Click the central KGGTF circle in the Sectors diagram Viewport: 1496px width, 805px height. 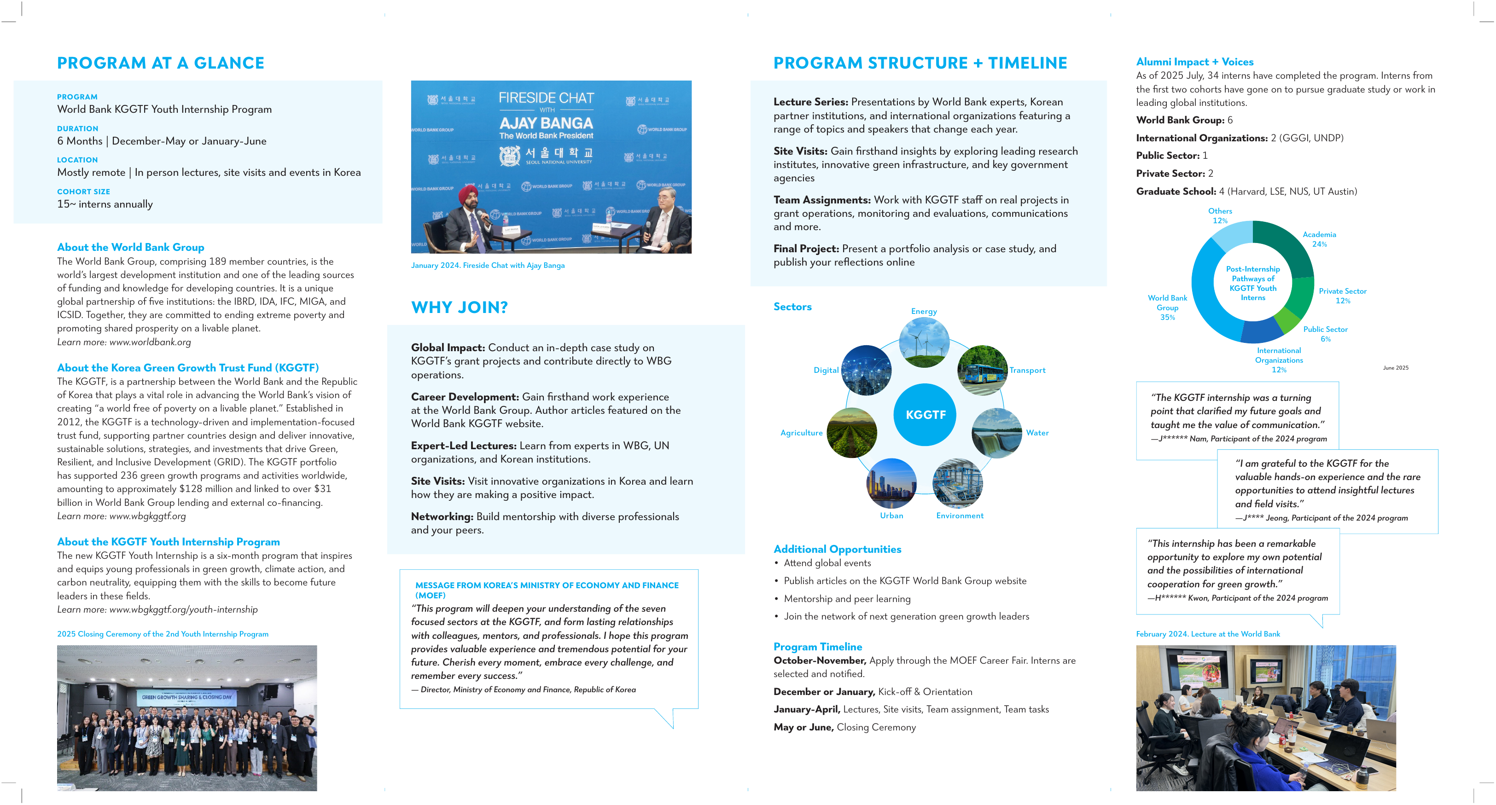click(x=925, y=414)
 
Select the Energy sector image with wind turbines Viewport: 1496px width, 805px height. click(x=924, y=342)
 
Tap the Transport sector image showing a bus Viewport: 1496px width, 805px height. click(x=982, y=371)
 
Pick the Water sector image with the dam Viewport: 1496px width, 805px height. click(x=996, y=433)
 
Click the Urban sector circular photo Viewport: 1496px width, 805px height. click(x=891, y=483)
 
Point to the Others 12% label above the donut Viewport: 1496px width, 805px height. click(x=1220, y=216)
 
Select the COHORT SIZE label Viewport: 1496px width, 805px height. click(x=83, y=191)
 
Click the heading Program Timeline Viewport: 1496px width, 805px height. click(x=817, y=647)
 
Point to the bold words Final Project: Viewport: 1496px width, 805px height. click(x=805, y=249)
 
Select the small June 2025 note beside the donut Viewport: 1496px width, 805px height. click(x=1395, y=368)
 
